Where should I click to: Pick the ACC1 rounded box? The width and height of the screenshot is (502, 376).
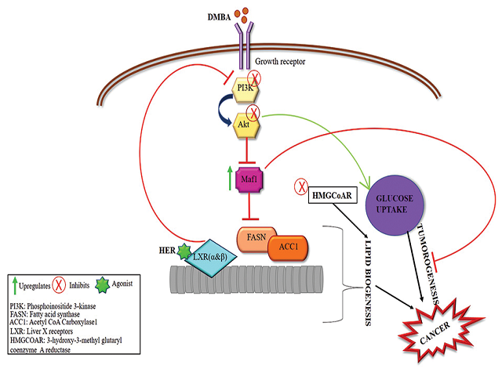pyautogui.click(x=286, y=249)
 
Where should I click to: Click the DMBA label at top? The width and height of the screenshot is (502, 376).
pyautogui.click(x=221, y=16)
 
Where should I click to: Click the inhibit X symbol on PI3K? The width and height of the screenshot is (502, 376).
pyautogui.click(x=255, y=78)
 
